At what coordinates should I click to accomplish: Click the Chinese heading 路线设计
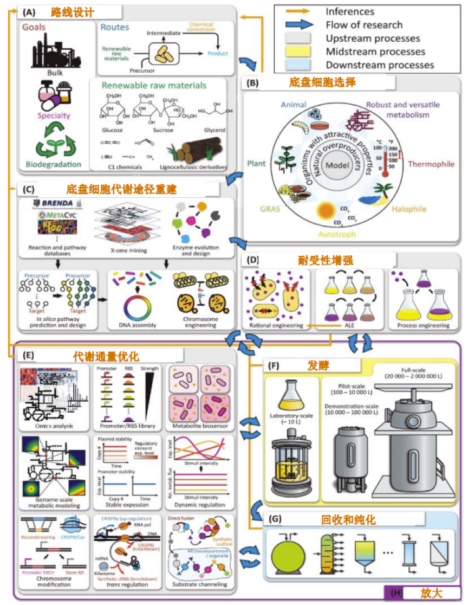(x=72, y=11)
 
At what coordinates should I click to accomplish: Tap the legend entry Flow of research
(x=364, y=24)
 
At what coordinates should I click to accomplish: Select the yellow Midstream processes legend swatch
(x=298, y=52)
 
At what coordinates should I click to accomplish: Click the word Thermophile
(x=431, y=164)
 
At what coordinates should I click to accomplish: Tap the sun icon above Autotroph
(x=329, y=211)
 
